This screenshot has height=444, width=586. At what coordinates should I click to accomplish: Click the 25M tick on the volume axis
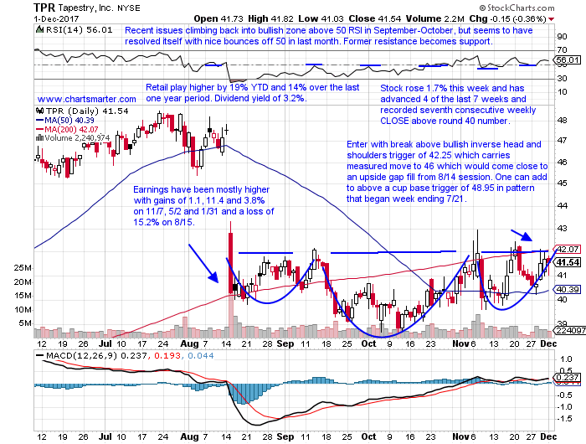23,269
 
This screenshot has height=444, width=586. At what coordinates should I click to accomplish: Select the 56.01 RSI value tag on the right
567,60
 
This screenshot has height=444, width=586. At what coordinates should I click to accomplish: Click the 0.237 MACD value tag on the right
567,377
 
